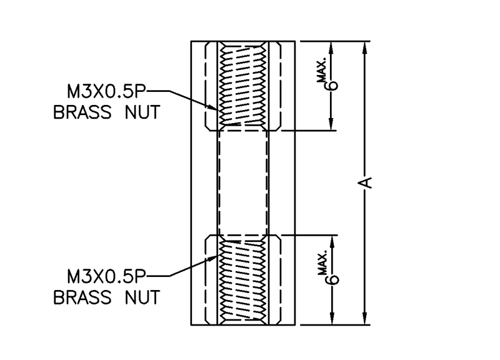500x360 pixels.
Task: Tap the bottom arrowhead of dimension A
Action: click(366, 319)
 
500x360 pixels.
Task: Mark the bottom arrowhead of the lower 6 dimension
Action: click(332, 319)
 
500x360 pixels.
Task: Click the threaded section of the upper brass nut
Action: click(242, 84)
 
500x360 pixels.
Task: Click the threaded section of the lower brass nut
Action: click(242, 281)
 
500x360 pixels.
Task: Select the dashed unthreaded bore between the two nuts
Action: click(242, 182)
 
